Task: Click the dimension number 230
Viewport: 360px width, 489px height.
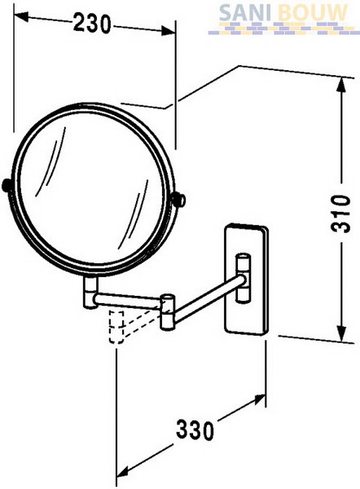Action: (92, 24)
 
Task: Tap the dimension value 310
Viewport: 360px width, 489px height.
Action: (340, 214)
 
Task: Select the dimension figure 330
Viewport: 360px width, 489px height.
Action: (195, 430)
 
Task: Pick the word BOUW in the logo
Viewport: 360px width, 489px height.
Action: (312, 13)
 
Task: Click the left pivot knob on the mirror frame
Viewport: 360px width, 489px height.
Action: (7, 185)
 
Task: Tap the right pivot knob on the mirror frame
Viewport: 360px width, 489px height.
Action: (178, 199)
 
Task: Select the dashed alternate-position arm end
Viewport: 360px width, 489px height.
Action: (116, 327)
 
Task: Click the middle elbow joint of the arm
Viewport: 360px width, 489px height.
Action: (168, 311)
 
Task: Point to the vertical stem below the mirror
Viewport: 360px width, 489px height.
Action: (90, 293)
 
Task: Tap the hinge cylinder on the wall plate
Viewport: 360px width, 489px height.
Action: (243, 278)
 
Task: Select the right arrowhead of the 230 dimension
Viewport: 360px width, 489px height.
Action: (168, 32)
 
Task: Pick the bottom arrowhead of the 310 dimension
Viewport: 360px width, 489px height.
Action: (342, 333)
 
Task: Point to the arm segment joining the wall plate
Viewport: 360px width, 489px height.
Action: (207, 298)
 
